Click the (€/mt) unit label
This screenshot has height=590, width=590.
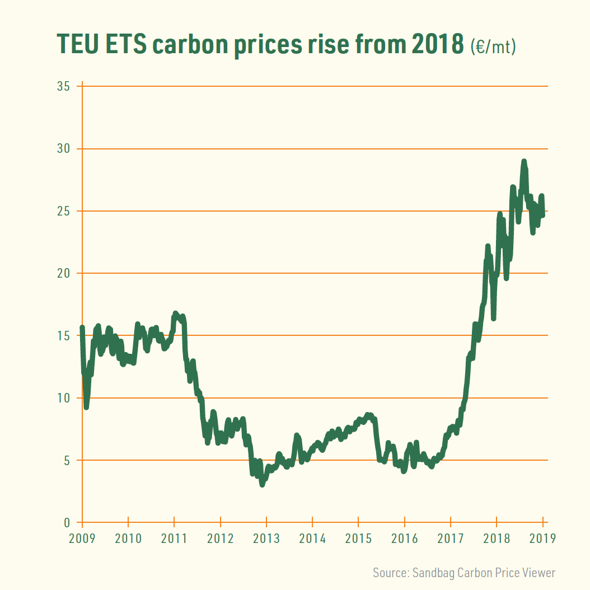[493, 46]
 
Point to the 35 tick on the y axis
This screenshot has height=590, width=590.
[63, 87]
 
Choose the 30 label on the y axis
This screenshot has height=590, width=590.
[63, 149]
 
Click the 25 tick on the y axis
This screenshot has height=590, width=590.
[63, 211]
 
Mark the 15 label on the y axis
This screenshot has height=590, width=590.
[63, 336]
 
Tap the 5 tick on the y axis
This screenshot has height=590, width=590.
[66, 460]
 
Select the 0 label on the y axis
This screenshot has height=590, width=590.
[66, 523]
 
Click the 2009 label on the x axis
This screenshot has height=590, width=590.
[82, 539]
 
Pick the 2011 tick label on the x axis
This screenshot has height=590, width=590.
[174, 539]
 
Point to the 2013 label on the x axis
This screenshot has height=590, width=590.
[266, 539]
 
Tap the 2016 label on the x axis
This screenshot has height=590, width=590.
[405, 539]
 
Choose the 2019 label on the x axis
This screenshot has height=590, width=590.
[542, 539]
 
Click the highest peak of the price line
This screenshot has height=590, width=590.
[524, 162]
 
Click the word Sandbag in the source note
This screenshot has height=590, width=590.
[434, 573]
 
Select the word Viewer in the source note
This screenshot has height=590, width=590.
[539, 573]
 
